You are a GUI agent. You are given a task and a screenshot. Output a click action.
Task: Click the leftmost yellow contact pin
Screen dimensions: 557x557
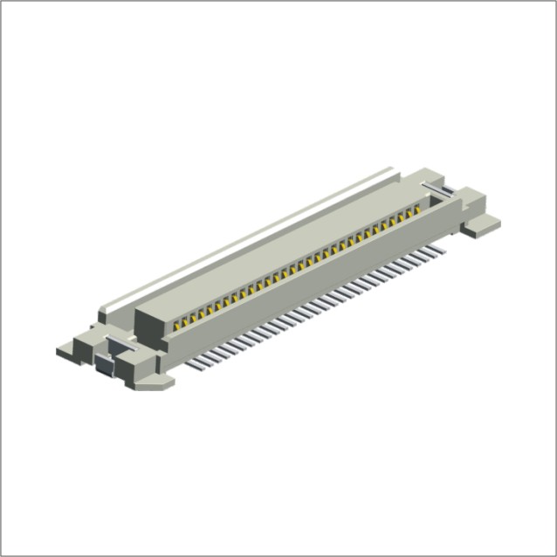point(175,323)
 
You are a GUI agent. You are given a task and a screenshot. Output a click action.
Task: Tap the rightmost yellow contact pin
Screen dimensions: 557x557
point(417,211)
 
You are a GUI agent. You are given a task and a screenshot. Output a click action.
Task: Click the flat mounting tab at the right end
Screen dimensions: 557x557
point(481,227)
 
